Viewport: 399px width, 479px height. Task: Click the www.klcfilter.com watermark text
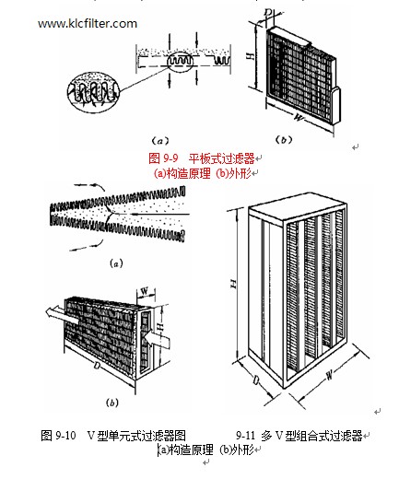88,24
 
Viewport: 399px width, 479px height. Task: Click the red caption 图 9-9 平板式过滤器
202,158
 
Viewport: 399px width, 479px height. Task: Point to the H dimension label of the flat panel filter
252,56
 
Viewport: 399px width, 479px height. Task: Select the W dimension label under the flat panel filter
299,117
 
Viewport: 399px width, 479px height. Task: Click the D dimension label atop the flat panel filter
268,13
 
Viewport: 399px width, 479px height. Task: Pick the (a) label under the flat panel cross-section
160,141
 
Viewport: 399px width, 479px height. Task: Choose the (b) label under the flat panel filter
283,140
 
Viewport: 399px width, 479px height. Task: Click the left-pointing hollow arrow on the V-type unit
60,314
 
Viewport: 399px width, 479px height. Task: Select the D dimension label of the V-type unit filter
97,366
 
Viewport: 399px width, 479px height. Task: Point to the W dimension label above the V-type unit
145,290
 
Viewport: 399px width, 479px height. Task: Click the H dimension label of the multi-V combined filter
234,284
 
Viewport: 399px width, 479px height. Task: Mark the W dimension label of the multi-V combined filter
329,375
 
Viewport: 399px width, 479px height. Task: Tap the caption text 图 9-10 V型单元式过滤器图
113,435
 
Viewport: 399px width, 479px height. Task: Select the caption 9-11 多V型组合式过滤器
299,436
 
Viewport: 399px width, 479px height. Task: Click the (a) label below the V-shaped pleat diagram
116,263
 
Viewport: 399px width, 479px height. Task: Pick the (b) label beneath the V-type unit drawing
112,403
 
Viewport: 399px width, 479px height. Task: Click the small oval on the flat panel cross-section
181,61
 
